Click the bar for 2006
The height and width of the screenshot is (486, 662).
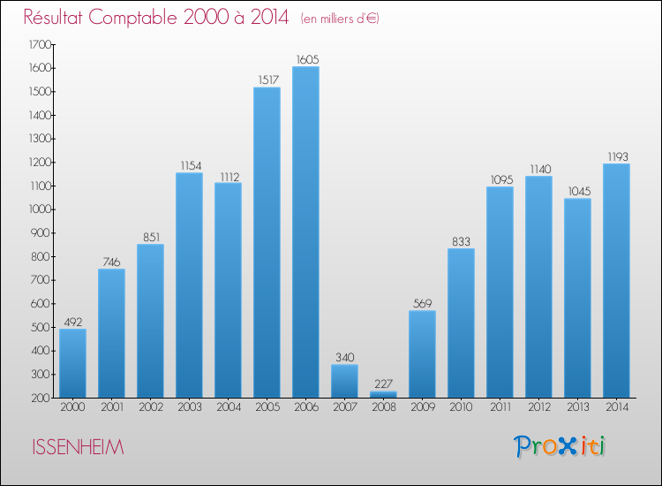[305, 232]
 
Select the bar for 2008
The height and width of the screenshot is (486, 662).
[383, 394]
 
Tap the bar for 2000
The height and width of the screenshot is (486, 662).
[72, 362]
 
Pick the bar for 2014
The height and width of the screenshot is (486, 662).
[616, 280]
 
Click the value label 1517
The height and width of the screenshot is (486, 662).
[267, 80]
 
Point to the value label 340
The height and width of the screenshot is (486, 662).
[344, 357]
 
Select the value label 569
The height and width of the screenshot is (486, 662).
[422, 303]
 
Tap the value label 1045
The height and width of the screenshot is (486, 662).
[577, 191]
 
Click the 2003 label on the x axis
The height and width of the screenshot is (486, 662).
[189, 407]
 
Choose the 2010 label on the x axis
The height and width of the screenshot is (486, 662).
[461, 407]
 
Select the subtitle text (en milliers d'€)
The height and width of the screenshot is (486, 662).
[340, 19]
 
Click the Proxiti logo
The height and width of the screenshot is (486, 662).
[560, 446]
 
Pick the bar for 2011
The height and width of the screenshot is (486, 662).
[500, 292]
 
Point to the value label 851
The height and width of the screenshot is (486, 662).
[150, 237]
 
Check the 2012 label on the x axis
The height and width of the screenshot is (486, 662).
[538, 407]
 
